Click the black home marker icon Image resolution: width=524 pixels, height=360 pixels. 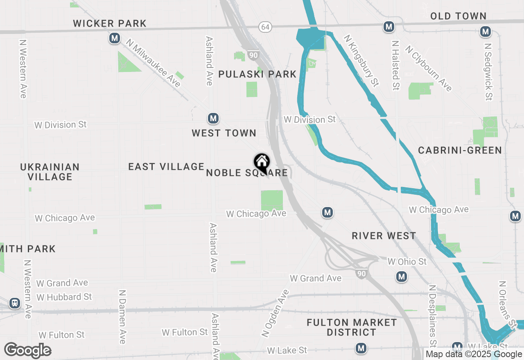tap(262, 163)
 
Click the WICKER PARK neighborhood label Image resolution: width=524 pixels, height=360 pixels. tap(110, 23)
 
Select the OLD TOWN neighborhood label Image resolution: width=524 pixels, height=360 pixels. tap(458, 16)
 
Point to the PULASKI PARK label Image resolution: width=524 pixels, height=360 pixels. tap(257, 74)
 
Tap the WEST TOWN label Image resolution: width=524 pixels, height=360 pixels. tap(224, 133)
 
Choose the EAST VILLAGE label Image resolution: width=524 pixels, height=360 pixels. tap(166, 166)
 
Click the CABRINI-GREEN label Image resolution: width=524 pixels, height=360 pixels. tap(460, 150)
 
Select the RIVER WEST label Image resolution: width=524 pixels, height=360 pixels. tap(384, 236)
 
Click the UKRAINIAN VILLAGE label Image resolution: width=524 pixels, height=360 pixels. tap(50, 172)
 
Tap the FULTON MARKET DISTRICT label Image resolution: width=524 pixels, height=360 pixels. tap(352, 327)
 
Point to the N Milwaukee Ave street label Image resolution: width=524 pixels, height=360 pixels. tap(153, 63)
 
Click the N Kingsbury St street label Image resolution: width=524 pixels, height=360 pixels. tap(361, 61)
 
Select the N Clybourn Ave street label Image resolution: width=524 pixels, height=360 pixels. tap(429, 68)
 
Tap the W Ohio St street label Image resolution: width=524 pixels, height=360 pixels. tap(407, 261)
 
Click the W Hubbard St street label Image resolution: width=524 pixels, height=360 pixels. tap(64, 297)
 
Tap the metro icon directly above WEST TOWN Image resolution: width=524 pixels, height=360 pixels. tap(213, 119)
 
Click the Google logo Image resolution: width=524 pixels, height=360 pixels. tap(27, 350)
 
